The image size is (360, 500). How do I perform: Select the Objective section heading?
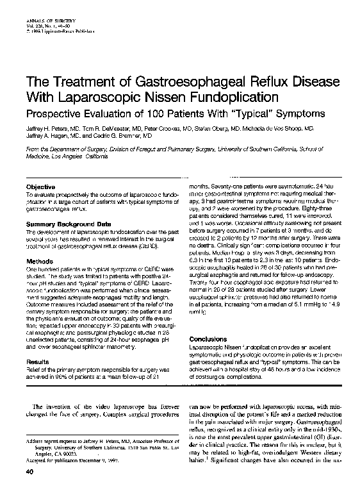[x=40, y=185]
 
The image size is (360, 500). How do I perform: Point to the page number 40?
[x=28, y=490]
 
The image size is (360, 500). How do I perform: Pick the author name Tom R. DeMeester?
[x=90, y=128]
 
